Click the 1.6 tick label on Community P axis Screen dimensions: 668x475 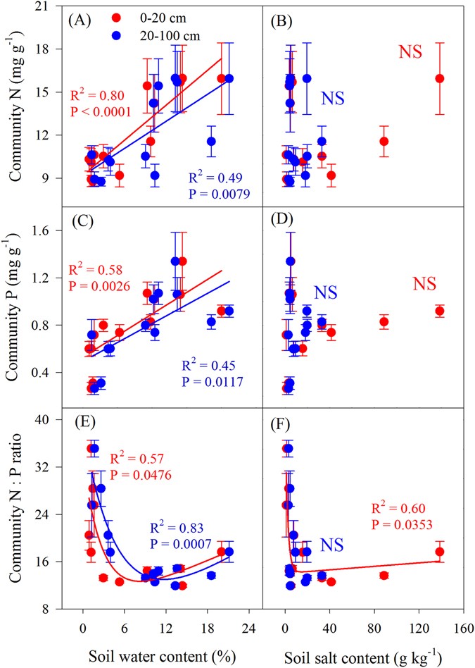(49, 230)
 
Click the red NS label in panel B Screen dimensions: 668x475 (412, 51)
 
